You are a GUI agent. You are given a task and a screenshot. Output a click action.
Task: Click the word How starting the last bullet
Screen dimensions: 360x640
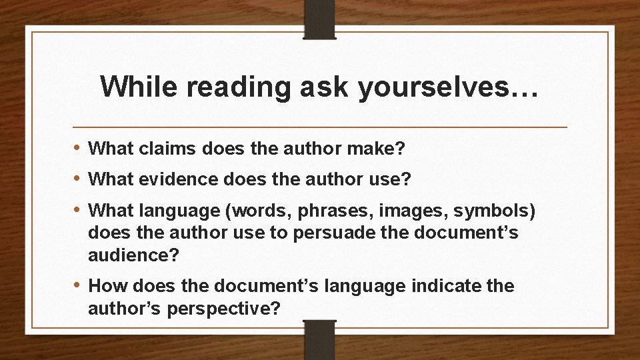point(108,287)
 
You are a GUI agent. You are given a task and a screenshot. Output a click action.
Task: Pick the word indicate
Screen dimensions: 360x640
point(448,287)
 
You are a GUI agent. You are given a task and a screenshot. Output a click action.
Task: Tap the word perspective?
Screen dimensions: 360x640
point(234,308)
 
